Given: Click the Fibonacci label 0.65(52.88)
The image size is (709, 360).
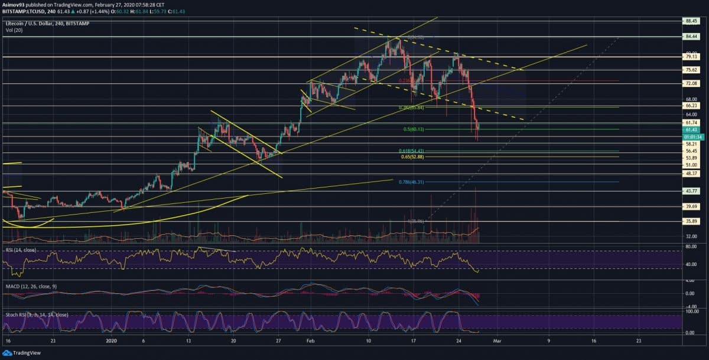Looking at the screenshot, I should (413, 157).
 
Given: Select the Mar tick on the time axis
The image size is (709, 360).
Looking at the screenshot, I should (497, 341).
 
